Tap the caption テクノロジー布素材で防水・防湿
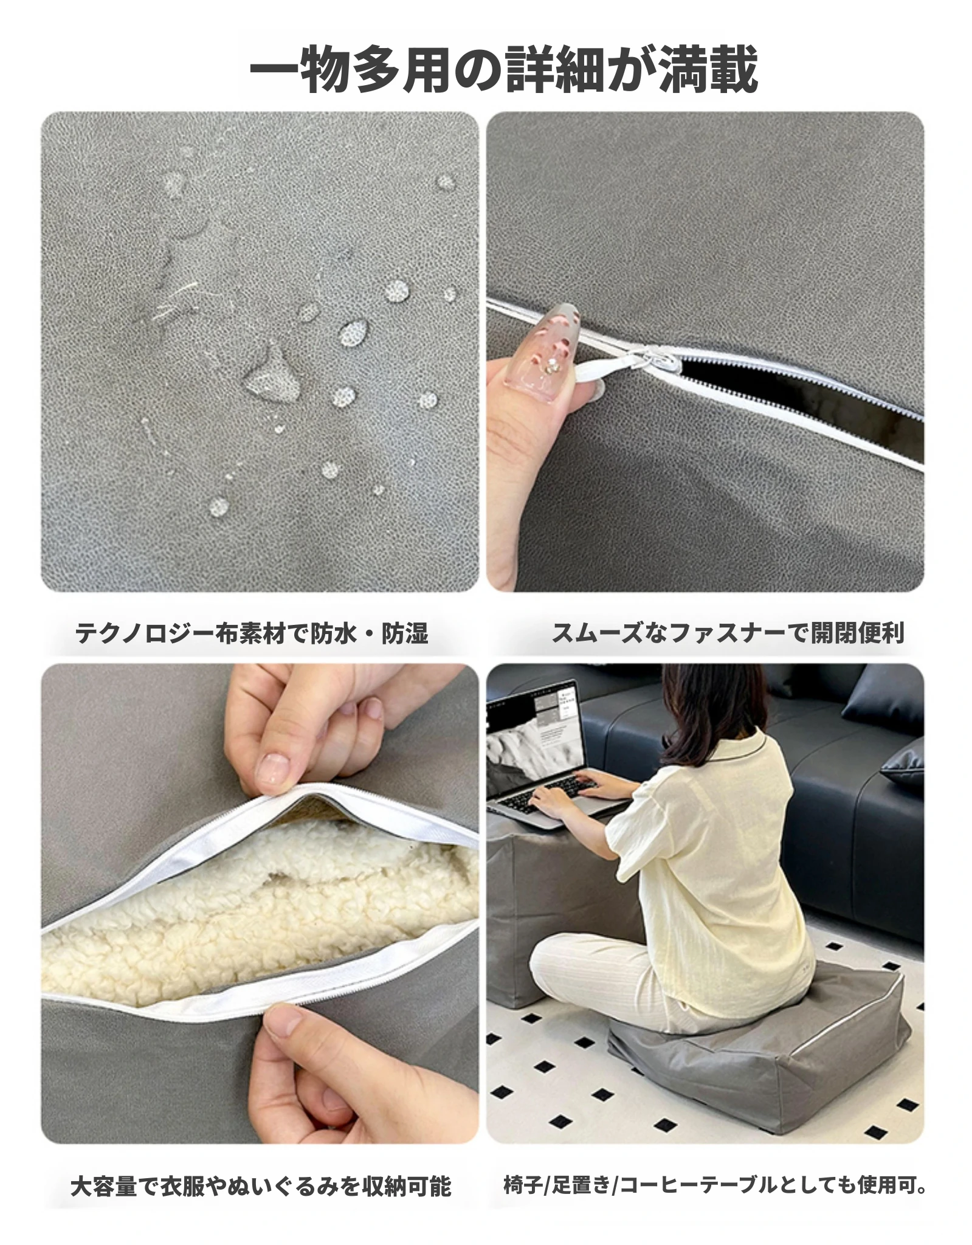[252, 633]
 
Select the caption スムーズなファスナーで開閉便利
[728, 633]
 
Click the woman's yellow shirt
[711, 869]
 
